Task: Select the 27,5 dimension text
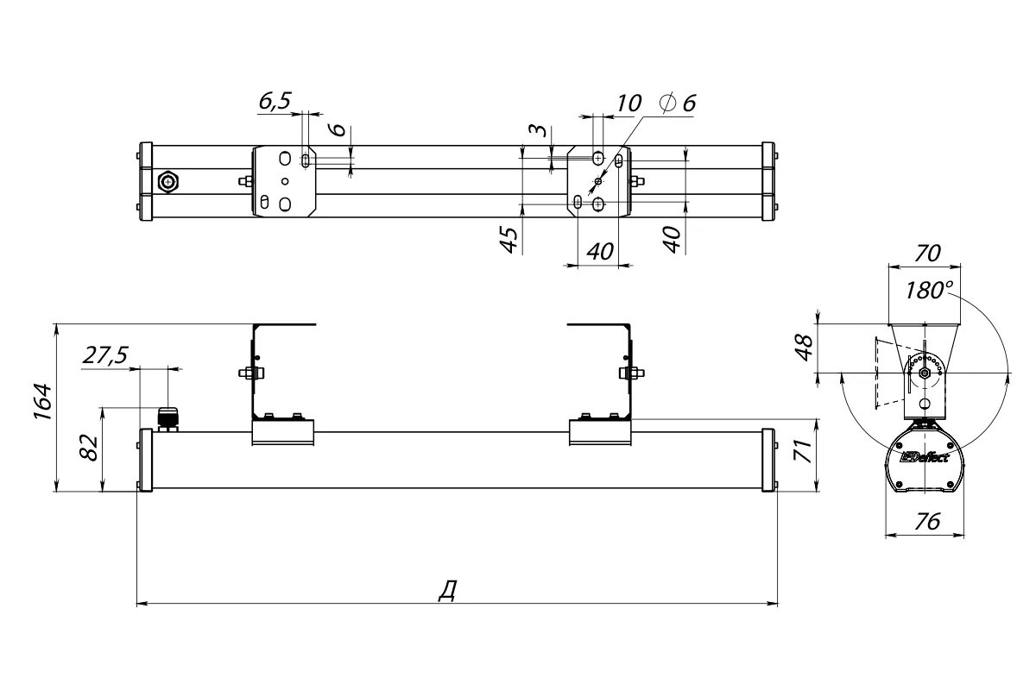coord(106,354)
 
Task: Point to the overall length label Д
coord(446,590)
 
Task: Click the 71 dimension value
coord(804,451)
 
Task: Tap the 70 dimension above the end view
coord(925,254)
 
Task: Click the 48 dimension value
coord(805,348)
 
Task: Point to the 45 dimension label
coord(509,240)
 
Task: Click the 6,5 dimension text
coord(275,101)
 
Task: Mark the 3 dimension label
coord(537,131)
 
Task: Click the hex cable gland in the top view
coord(169,181)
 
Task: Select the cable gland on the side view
coord(167,418)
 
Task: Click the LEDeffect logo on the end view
coord(924,457)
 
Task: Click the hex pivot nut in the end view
coord(925,373)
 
